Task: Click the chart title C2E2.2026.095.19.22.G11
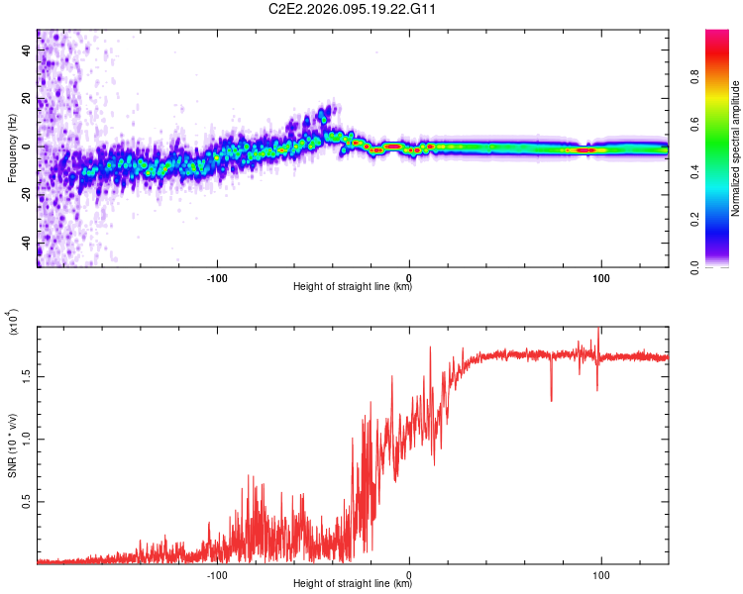(352, 9)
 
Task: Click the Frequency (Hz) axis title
(12, 148)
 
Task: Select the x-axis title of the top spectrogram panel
(353, 287)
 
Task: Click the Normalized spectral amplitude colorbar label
(735, 148)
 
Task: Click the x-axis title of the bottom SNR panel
(353, 584)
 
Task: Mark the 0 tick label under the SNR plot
(410, 573)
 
